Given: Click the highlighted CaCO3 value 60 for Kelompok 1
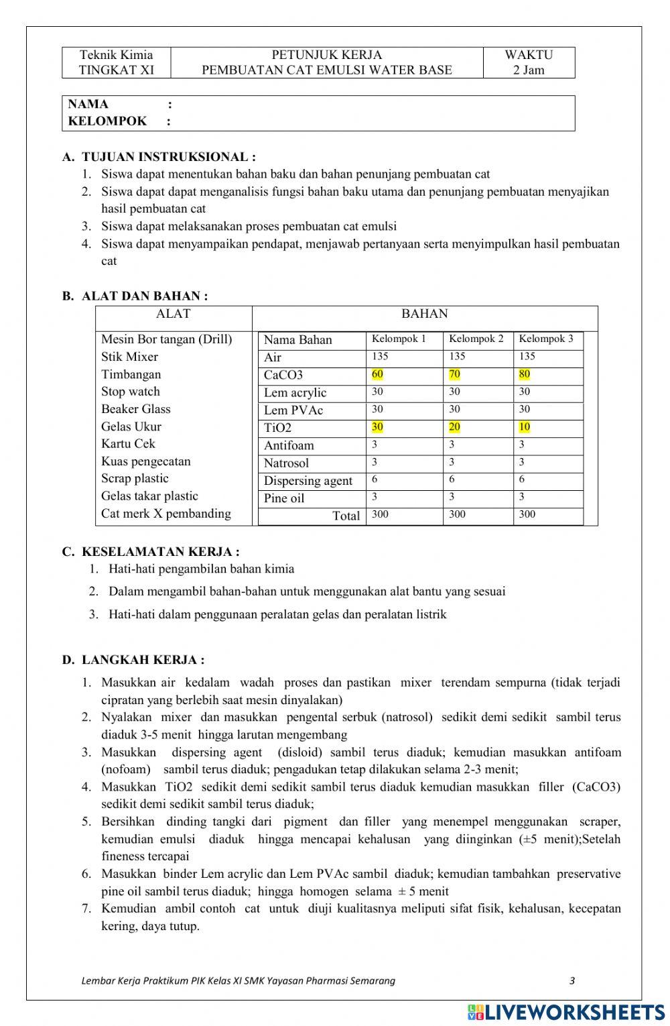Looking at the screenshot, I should click(x=377, y=374).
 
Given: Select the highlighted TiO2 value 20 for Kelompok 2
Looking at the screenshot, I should click(x=454, y=427).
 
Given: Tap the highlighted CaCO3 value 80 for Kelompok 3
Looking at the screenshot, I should click(x=524, y=374).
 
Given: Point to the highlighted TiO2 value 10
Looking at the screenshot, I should click(x=524, y=427).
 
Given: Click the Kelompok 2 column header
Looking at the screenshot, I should click(x=476, y=339).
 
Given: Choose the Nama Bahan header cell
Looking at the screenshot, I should click(x=297, y=340).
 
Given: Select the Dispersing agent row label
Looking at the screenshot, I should click(x=308, y=481).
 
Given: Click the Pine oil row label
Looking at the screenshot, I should click(x=283, y=498).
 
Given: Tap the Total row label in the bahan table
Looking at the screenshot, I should click(x=346, y=516).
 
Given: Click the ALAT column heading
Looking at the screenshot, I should click(x=173, y=314).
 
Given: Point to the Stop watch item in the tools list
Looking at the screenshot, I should click(x=131, y=392).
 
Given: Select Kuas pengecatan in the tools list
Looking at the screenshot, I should click(x=145, y=461).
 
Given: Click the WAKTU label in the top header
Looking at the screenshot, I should click(x=529, y=55).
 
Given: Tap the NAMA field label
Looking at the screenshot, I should click(x=88, y=104).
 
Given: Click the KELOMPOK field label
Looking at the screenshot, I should click(x=107, y=121).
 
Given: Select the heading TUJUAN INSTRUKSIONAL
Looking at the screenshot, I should click(x=168, y=157).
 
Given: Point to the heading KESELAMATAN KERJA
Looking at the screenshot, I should click(x=160, y=552).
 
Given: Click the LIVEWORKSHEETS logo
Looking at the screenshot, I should click(x=565, y=1011).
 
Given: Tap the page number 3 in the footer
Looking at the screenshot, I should click(x=572, y=980).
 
